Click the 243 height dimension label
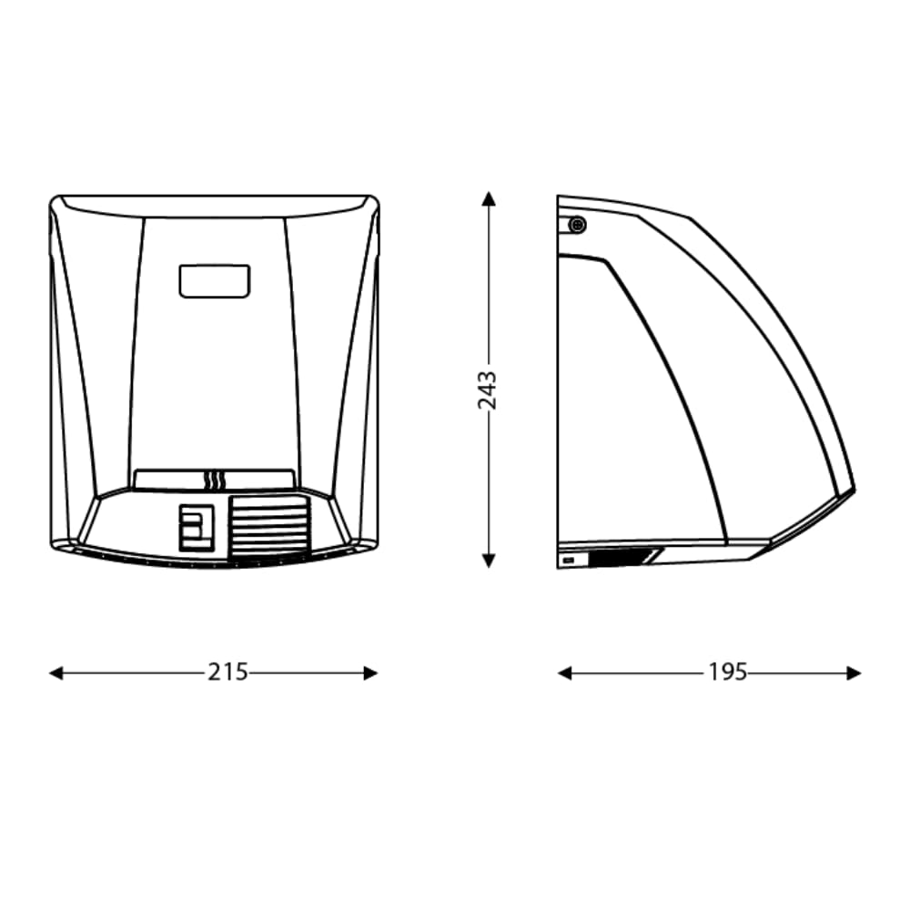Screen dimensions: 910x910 coord(488,390)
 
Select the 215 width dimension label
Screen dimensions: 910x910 coord(228,672)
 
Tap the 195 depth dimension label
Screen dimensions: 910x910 coord(728,672)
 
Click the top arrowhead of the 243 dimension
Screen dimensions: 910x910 coord(488,199)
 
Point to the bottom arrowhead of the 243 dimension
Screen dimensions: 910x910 coord(488,561)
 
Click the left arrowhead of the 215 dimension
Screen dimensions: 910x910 coord(56,673)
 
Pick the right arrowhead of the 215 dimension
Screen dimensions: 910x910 coord(371,673)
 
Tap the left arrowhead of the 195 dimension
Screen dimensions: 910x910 coord(565,673)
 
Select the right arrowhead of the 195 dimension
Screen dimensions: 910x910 coord(854,673)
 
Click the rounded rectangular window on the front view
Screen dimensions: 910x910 coord(215,281)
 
